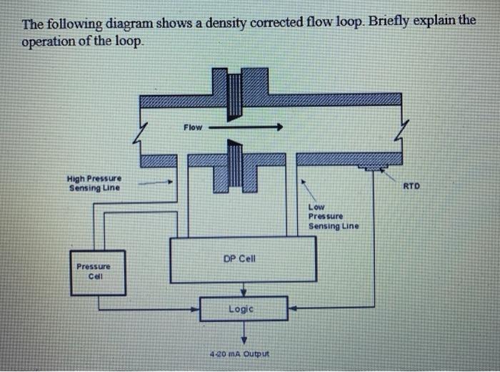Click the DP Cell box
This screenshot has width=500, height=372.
(243, 259)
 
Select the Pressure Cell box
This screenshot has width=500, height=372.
(97, 273)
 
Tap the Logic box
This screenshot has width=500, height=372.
(244, 309)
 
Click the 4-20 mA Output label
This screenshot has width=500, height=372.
(243, 353)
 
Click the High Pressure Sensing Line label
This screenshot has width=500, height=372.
(94, 183)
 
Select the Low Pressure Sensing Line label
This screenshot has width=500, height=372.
(334, 216)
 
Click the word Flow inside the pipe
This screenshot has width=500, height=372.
(193, 127)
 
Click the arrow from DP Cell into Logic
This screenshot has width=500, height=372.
(244, 290)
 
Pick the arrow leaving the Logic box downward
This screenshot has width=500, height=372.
(244, 332)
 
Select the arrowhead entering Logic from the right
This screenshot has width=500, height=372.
(293, 310)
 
